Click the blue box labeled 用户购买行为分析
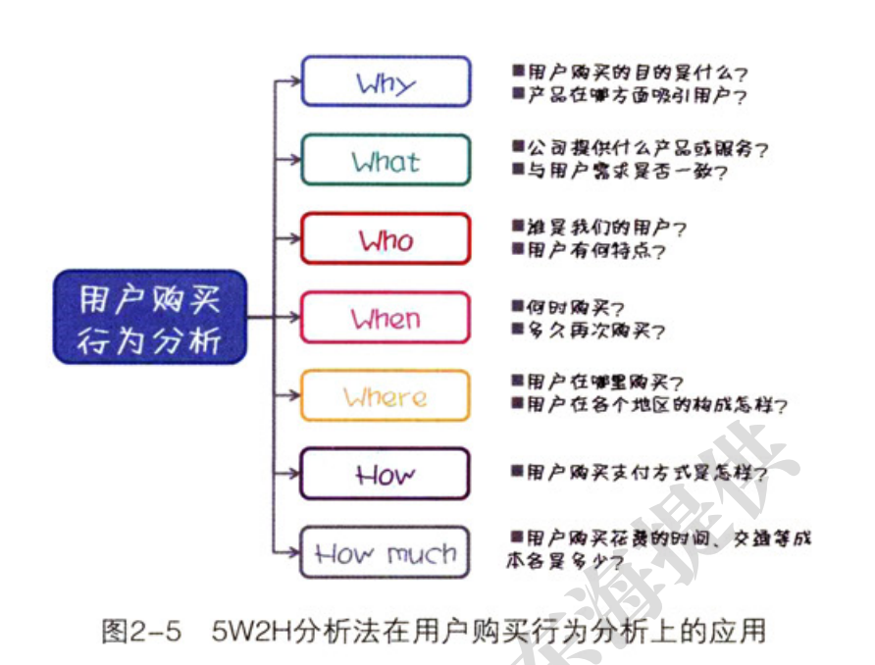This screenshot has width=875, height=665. pos(150,317)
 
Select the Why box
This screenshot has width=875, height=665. pos(386,81)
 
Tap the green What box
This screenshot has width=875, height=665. pos(386,160)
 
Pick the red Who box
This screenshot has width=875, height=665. pos(386,238)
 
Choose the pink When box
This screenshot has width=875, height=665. pos(386,318)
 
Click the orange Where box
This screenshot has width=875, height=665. pos(386,396)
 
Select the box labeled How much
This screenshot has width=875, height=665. pos(386,554)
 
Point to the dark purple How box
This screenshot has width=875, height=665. pos(386,475)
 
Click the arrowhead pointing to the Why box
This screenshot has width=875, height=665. pos(293,81)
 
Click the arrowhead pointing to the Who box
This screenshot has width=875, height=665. pos(293,238)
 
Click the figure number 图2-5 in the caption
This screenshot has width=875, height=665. pos(143,631)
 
